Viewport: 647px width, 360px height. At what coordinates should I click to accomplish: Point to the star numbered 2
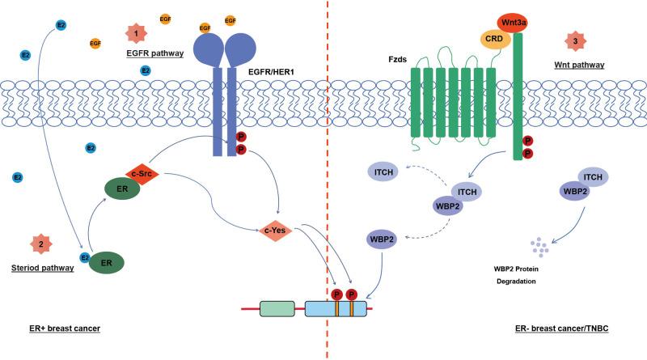40,242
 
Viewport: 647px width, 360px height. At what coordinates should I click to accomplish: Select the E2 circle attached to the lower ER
85,258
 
